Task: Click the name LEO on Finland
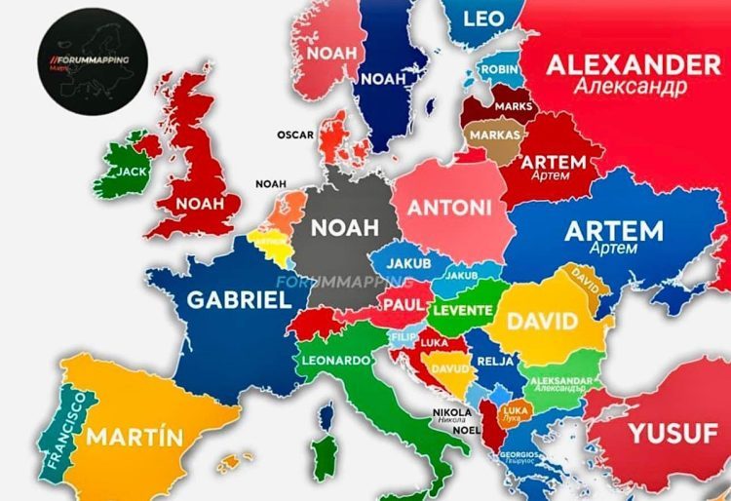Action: pos(483,19)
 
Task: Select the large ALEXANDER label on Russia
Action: pos(634,64)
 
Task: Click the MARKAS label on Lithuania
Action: pos(493,134)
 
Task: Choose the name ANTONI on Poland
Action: pos(449,207)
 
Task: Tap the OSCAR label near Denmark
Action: pos(294,135)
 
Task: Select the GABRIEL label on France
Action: pos(239,299)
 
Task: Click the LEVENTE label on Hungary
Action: pos(462,310)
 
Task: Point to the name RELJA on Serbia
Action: pos(489,362)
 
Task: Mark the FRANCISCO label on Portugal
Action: pos(65,430)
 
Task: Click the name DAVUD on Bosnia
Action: pos(450,369)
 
